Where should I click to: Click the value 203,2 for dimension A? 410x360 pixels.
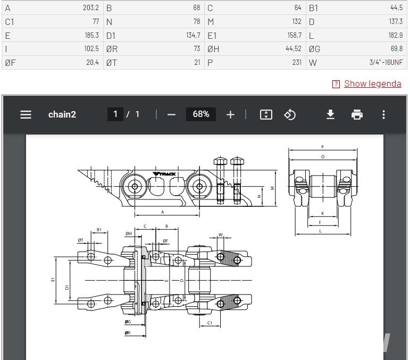91,8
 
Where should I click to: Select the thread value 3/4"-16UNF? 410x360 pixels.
386,63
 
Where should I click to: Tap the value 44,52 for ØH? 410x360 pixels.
294,48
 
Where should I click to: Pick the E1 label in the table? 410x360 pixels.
212,36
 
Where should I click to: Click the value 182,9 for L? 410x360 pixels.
395,35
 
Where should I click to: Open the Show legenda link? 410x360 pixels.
373,83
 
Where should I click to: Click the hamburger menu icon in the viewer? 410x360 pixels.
26,114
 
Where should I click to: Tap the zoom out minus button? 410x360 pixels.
171,114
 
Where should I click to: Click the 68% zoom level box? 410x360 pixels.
201,114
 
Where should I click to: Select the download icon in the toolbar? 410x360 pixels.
331,114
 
